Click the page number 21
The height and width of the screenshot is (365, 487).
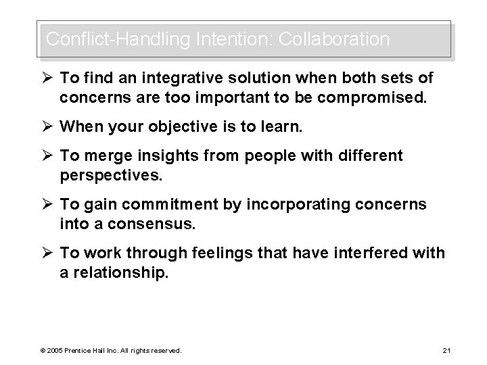coord(445,351)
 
